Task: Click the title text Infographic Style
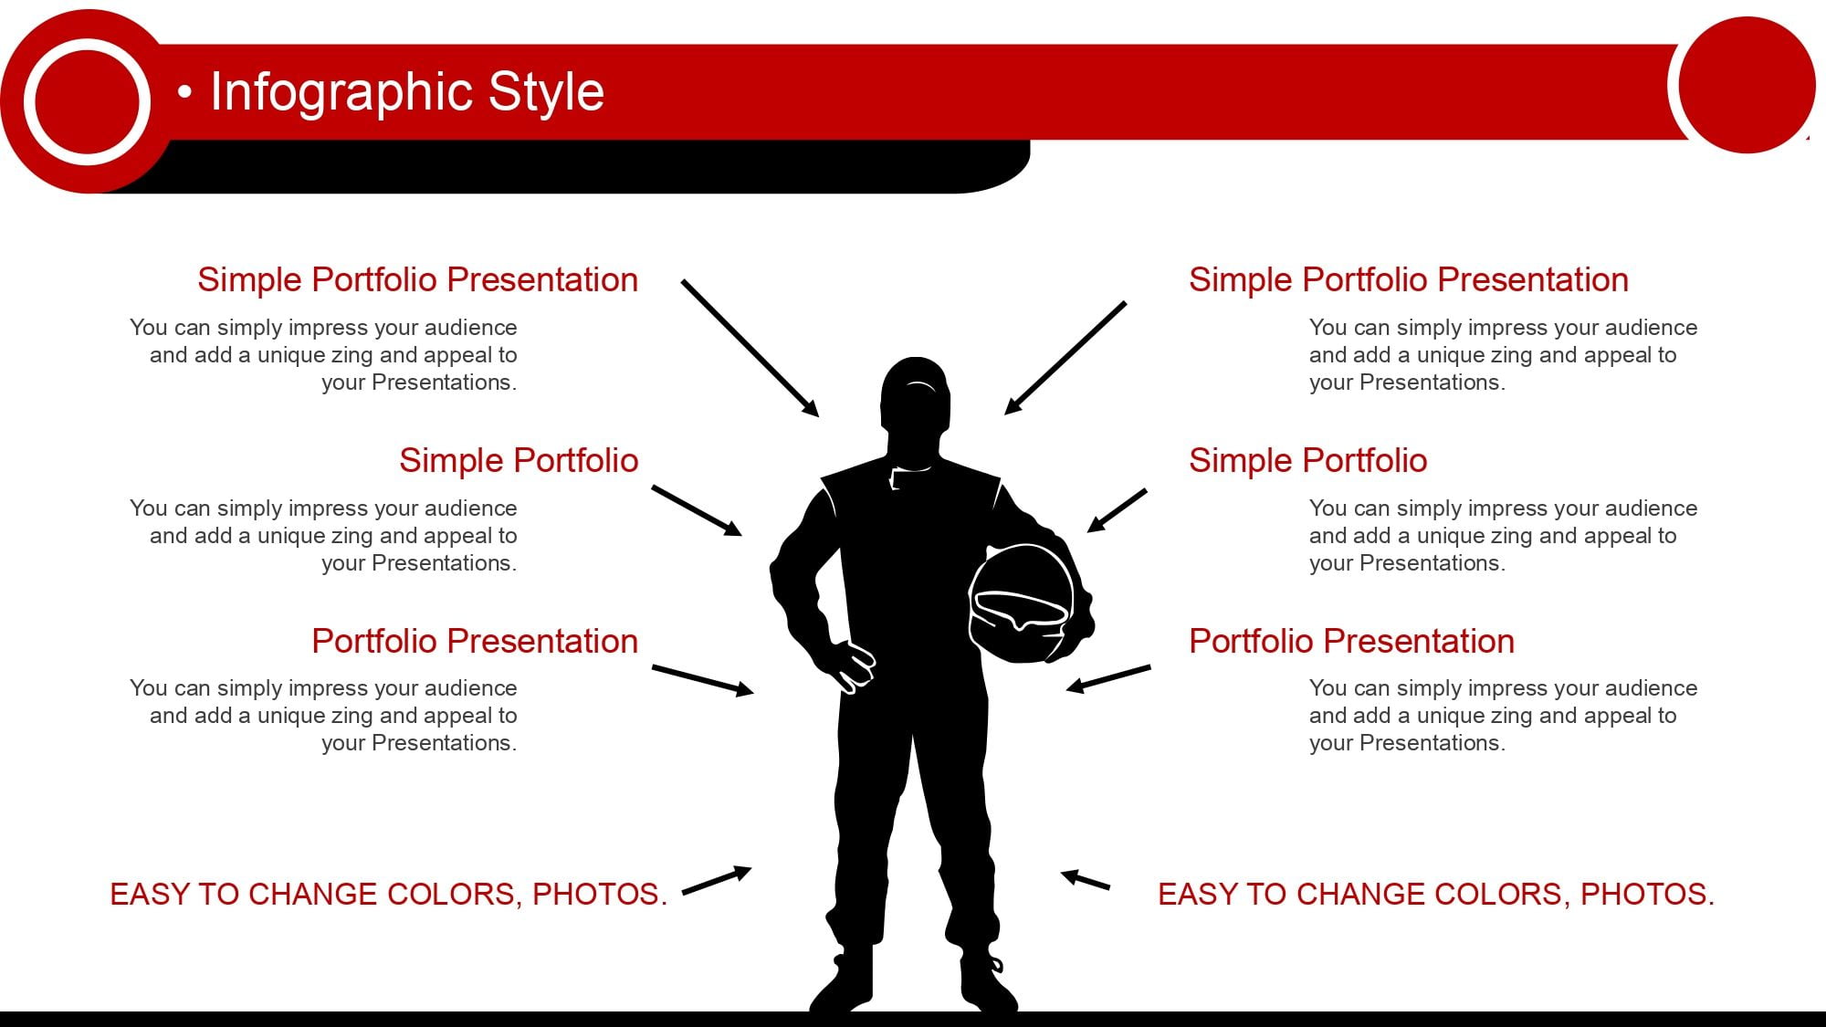tap(407, 92)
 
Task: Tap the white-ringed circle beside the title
tap(87, 101)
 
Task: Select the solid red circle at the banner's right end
tap(1747, 85)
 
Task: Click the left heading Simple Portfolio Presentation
tap(417, 280)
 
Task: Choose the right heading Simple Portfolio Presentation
tap(1409, 280)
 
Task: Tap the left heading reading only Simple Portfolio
tap(519, 461)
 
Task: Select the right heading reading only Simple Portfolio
tap(1307, 461)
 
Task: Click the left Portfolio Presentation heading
tap(475, 641)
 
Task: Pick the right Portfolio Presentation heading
tap(1351, 641)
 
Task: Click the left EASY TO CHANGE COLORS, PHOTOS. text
tap(389, 895)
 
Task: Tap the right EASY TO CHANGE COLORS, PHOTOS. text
tap(1436, 895)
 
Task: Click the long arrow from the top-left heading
tap(750, 349)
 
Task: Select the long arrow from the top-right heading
tap(1065, 358)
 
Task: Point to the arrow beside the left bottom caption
tap(717, 880)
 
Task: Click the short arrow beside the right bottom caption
tap(1085, 879)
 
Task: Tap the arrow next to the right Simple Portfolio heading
tap(1117, 510)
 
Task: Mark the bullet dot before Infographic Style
tap(185, 92)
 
